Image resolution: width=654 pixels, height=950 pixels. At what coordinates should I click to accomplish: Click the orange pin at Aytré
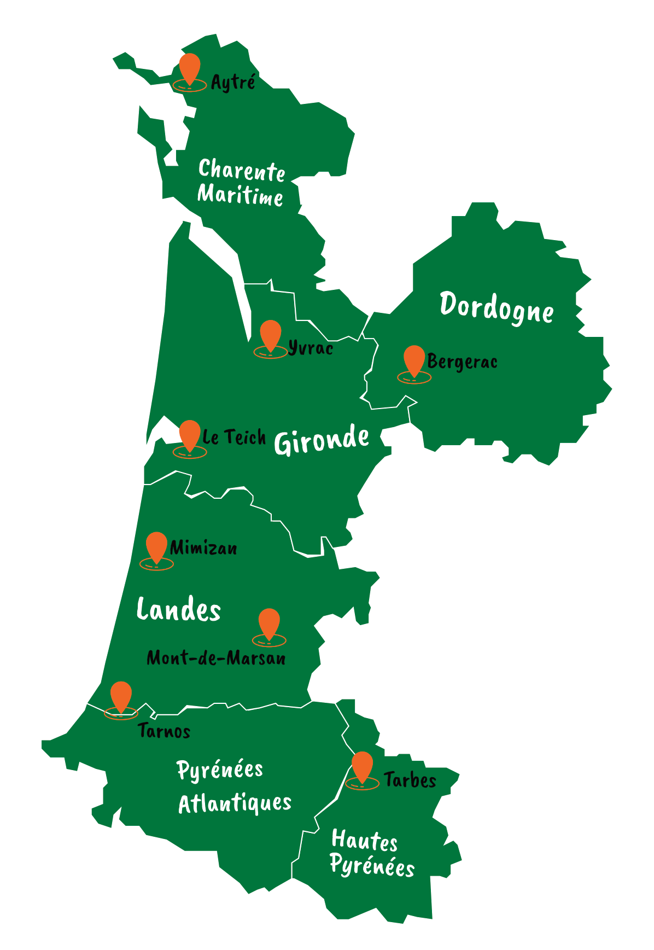tap(189, 68)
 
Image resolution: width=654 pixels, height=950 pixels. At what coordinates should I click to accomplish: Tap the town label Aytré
tap(233, 82)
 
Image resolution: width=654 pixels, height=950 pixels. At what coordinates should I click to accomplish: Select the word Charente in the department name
tap(241, 171)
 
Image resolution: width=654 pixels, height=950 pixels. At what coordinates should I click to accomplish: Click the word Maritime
tap(240, 195)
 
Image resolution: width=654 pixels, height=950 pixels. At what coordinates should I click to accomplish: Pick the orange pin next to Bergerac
tap(414, 360)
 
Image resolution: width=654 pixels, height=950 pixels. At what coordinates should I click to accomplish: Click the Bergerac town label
tap(462, 362)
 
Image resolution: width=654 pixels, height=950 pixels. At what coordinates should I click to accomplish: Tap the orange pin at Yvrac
tap(270, 335)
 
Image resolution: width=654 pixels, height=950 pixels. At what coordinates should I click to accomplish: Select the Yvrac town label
tap(311, 348)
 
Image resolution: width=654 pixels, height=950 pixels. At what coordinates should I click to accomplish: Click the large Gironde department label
tap(322, 440)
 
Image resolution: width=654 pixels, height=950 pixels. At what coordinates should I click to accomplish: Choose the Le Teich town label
tap(234, 437)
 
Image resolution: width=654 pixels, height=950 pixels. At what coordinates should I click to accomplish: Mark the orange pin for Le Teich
tap(189, 435)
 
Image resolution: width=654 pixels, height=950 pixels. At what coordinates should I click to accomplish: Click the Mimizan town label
tap(203, 548)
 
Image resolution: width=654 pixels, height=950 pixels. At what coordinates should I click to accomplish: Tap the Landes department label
tap(178, 610)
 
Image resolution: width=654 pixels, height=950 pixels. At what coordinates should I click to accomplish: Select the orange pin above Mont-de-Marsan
tap(268, 623)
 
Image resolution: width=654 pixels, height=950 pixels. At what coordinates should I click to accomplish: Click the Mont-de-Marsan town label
tap(216, 658)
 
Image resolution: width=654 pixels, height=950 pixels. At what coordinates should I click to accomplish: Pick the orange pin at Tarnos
tap(121, 696)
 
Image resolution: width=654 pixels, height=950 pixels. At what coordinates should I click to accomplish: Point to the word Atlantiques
tap(235, 803)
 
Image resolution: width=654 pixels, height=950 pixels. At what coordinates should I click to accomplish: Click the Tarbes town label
tap(410, 780)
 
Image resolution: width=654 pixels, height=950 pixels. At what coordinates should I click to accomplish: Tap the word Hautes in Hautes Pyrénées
tap(364, 841)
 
